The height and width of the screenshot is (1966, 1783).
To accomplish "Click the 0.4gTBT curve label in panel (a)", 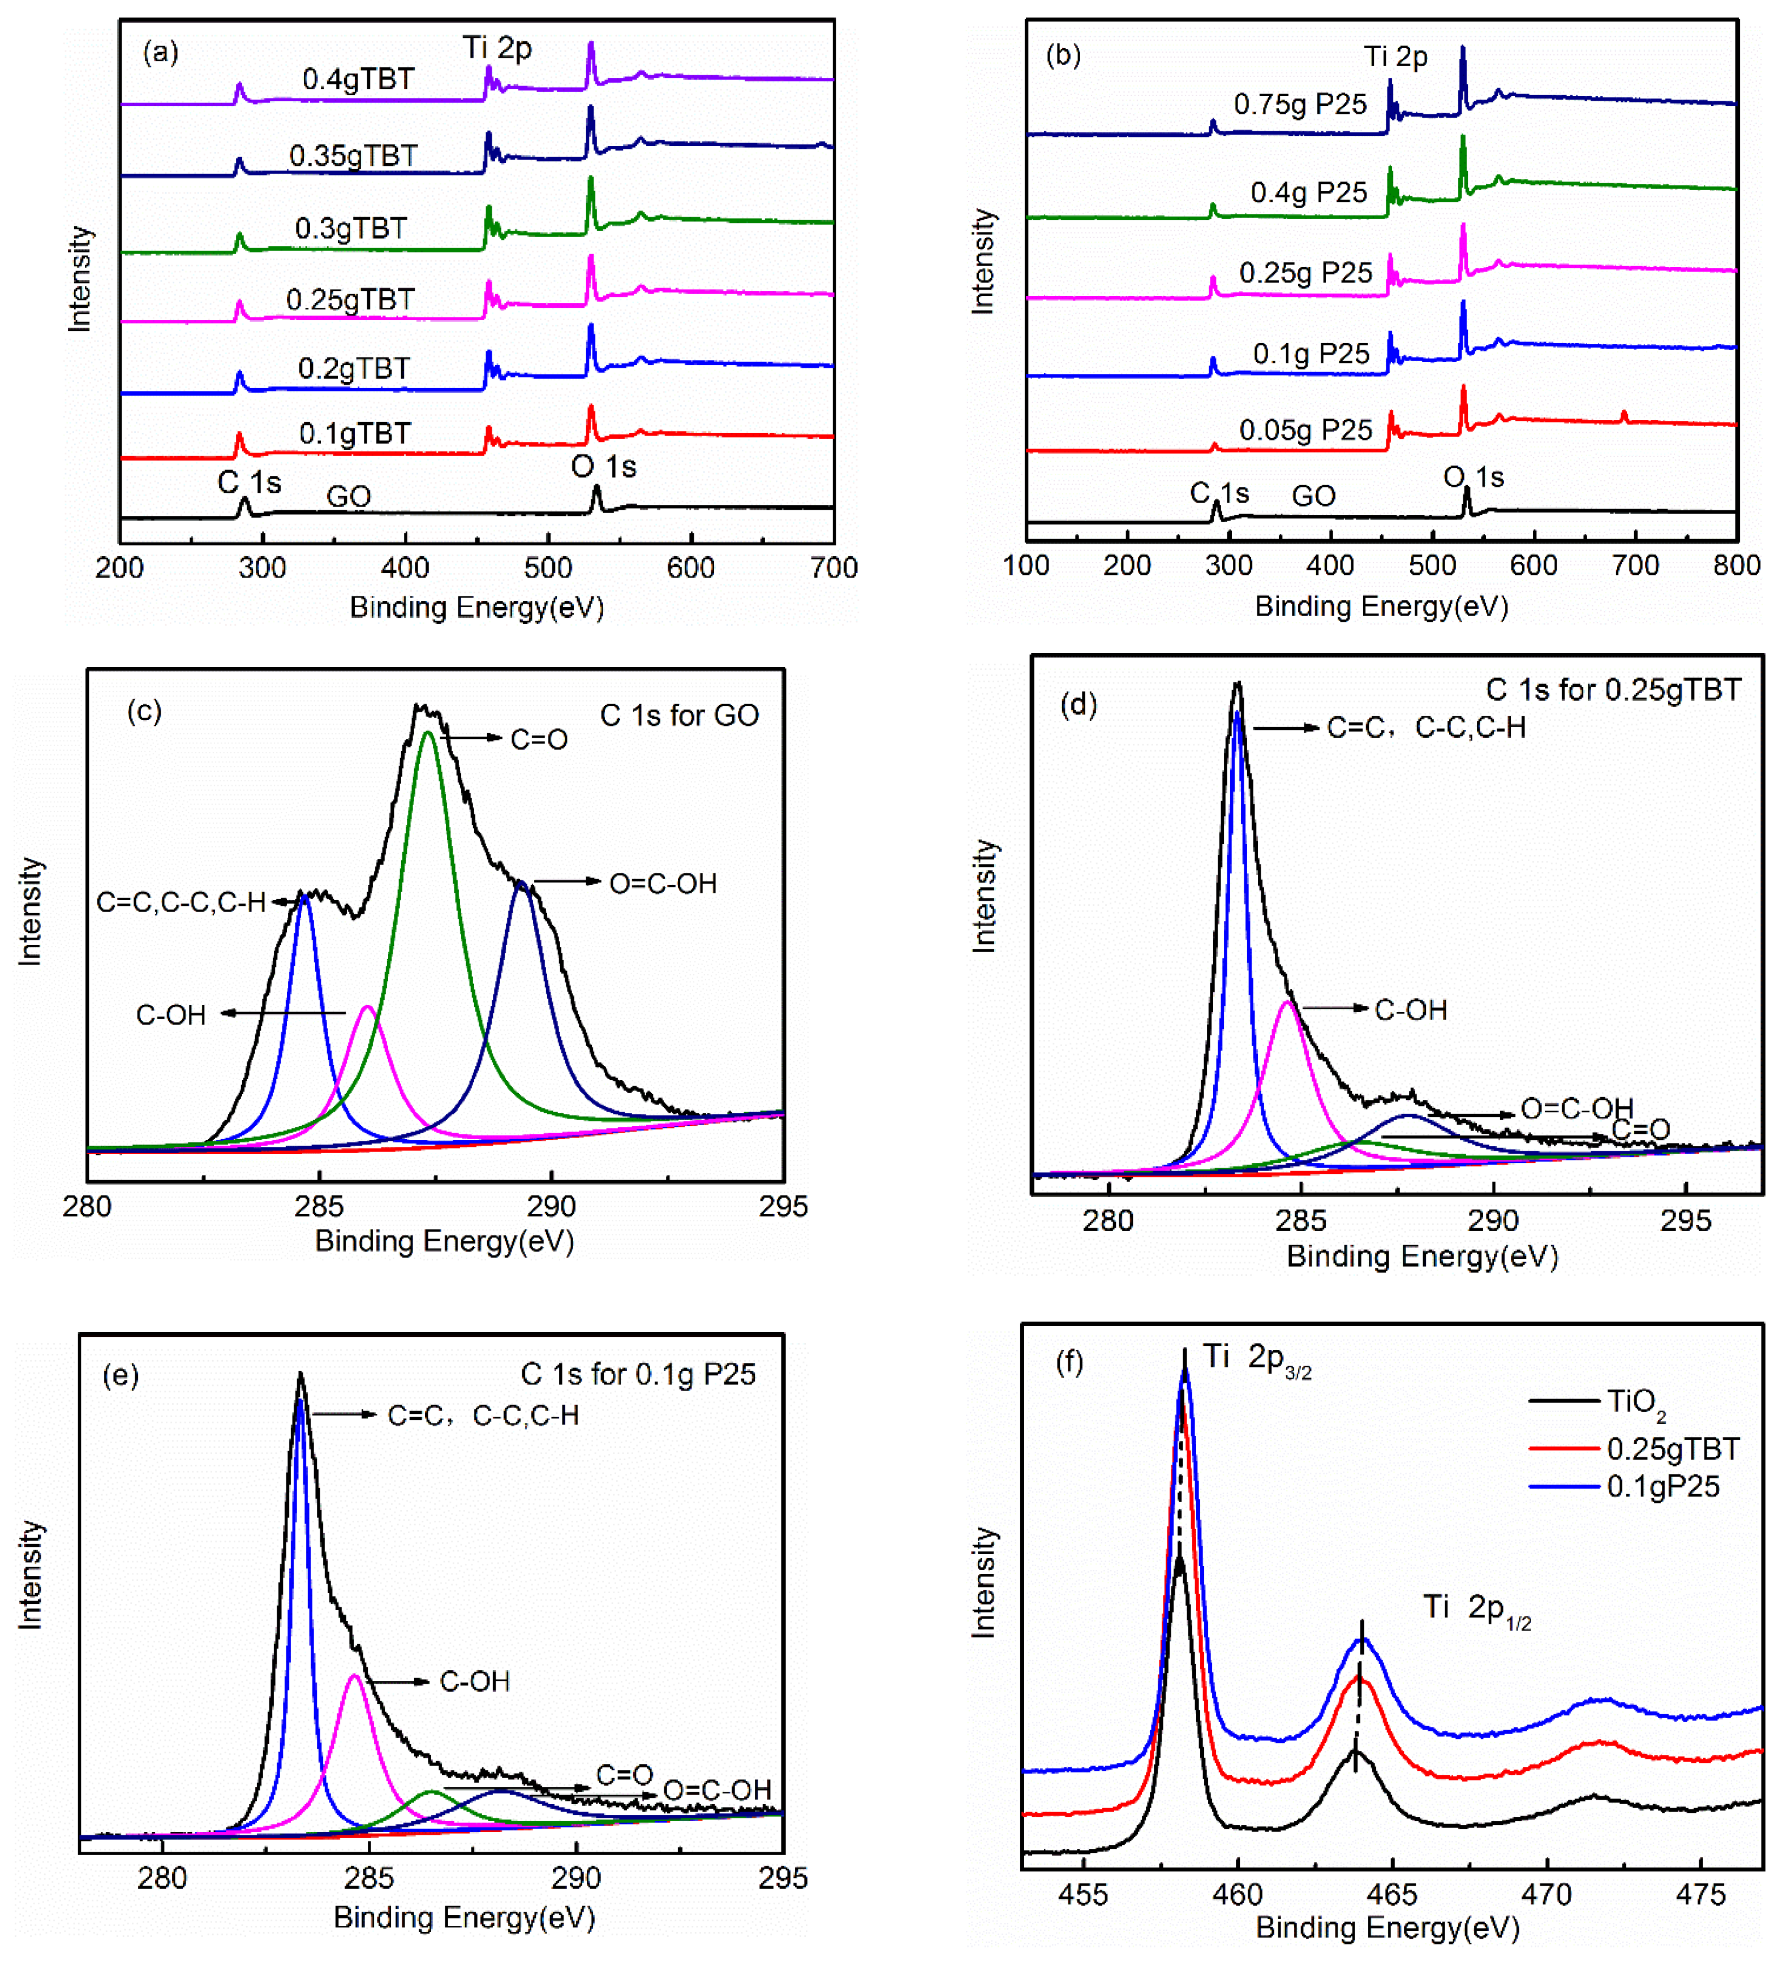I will coord(358,79).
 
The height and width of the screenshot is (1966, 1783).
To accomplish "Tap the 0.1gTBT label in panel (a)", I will coord(355,433).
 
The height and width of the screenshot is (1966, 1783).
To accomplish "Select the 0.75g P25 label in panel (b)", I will coord(1300,104).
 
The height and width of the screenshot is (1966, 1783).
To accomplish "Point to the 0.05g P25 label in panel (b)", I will coord(1305,430).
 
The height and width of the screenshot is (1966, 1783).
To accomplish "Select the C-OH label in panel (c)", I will coord(171,1015).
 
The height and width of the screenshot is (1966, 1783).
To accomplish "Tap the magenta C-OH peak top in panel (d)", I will coord(1287,1003).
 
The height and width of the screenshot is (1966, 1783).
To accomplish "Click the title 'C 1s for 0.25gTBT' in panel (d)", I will coord(1612,690).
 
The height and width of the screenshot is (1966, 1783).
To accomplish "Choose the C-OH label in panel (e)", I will coord(474,1681).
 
